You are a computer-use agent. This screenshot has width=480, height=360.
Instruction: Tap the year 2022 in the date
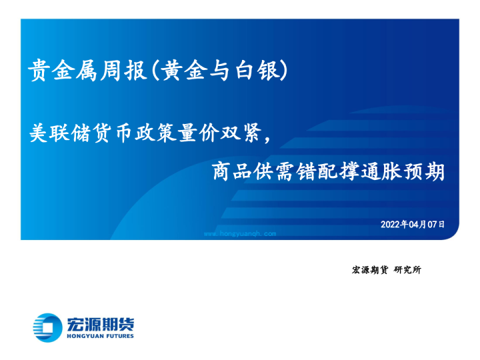click(x=391, y=225)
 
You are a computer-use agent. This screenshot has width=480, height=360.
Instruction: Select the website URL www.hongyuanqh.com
click(x=239, y=234)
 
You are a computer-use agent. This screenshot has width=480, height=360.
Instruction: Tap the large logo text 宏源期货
click(x=100, y=323)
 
